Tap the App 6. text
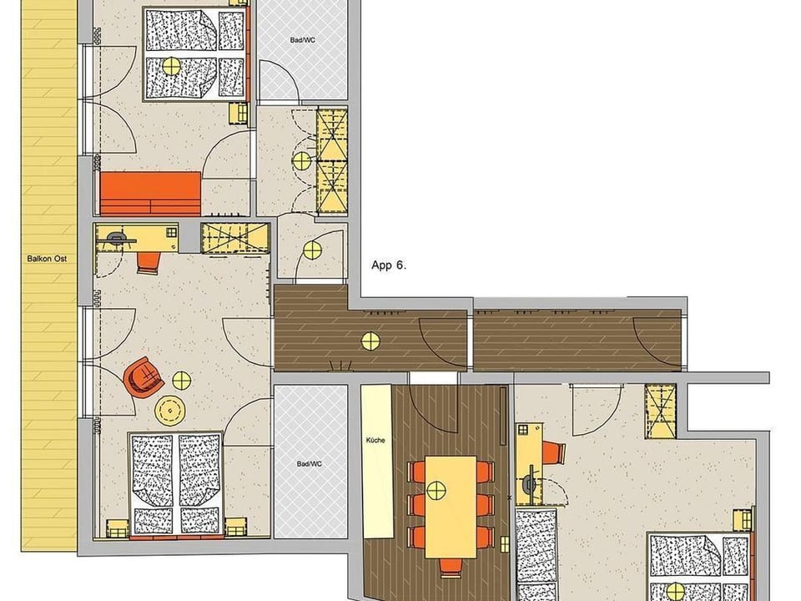[x=388, y=265]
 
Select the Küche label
[x=375, y=440]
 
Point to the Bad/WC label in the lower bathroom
[x=309, y=464]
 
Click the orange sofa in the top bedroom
[x=150, y=193]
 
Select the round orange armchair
[x=143, y=377]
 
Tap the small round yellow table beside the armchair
[x=181, y=380]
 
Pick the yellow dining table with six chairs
[x=450, y=506]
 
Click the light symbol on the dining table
[x=436, y=490]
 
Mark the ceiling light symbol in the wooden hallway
[x=370, y=340]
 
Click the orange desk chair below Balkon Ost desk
[x=148, y=262]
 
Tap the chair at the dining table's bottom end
[x=451, y=568]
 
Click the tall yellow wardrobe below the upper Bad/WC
[x=331, y=161]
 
